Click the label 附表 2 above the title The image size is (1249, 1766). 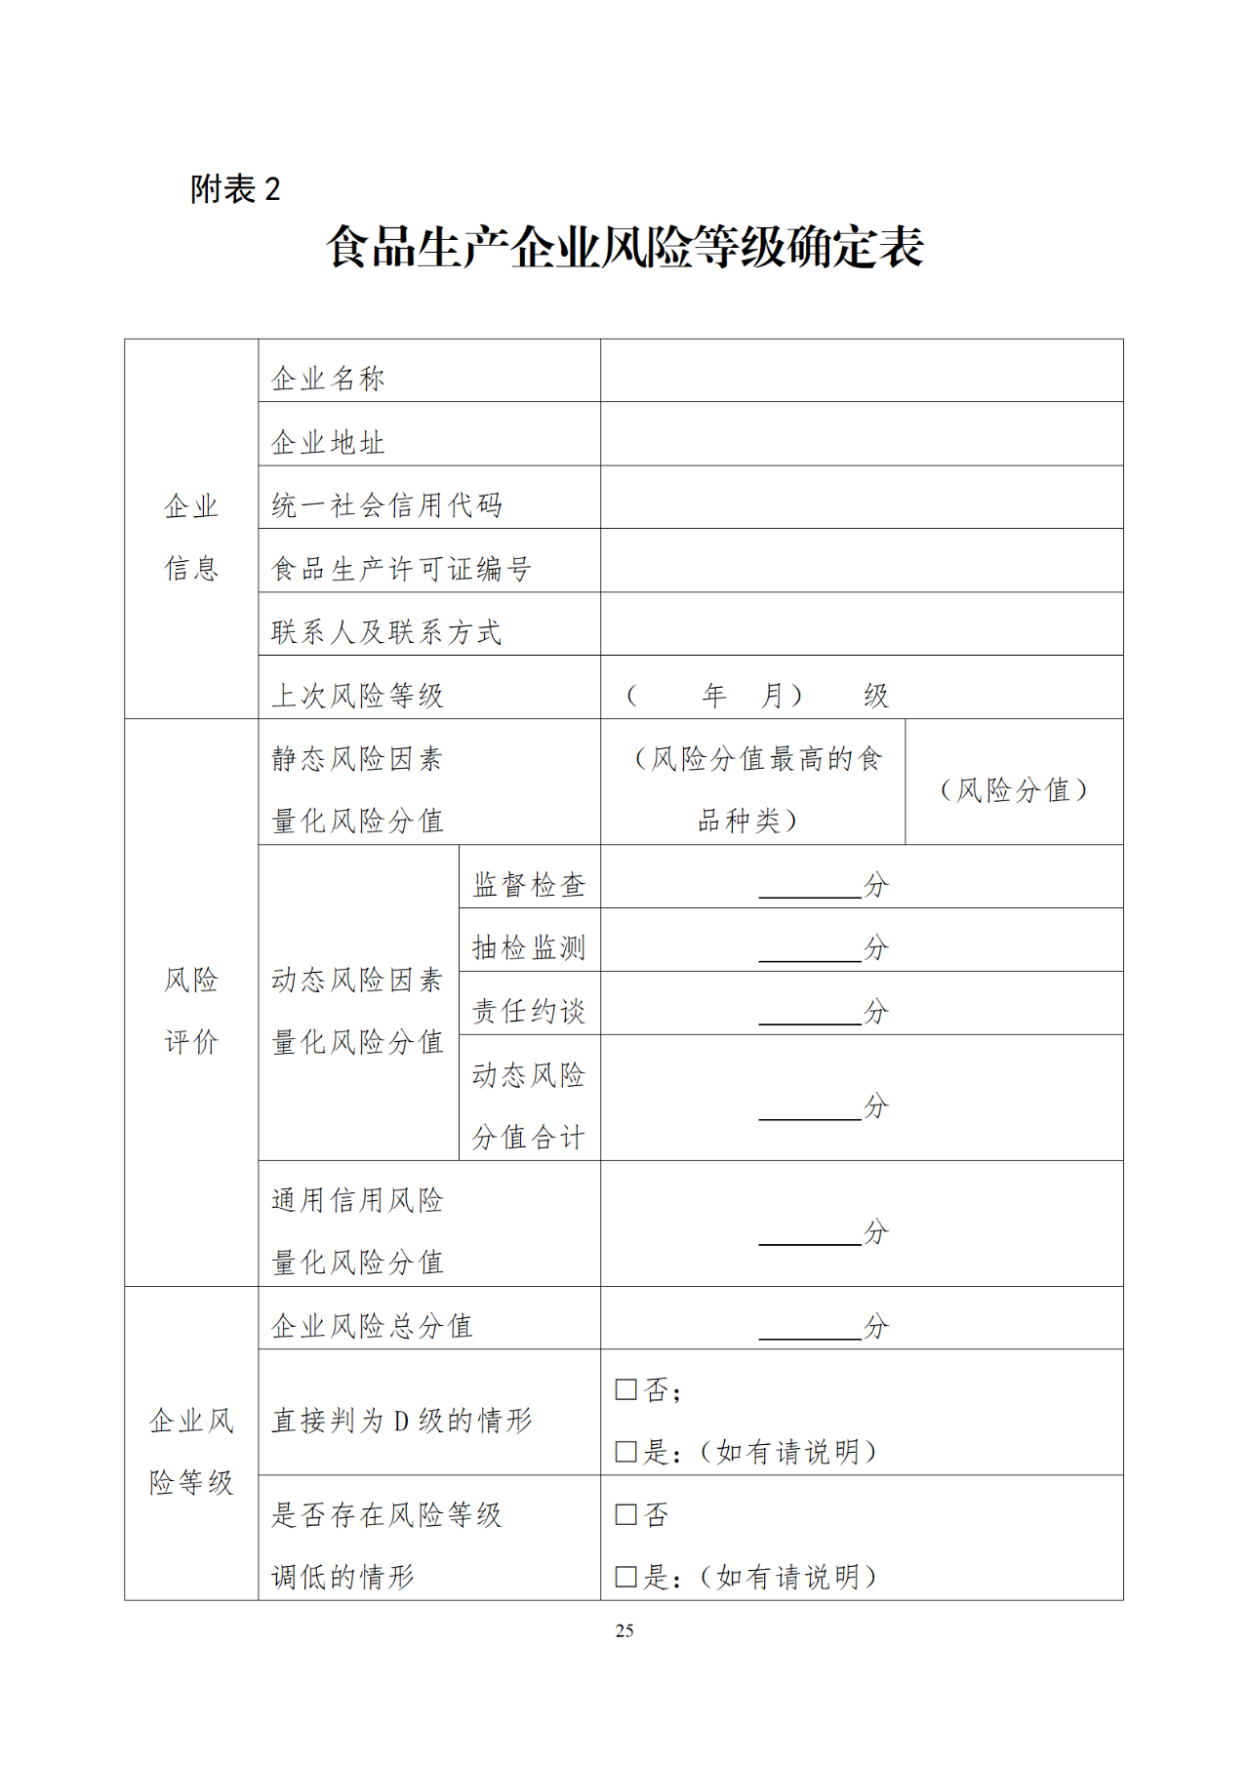tap(235, 188)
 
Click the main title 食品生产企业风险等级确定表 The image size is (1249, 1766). tap(624, 247)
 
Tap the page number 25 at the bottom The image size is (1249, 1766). tap(624, 1630)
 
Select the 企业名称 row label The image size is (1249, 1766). tap(328, 379)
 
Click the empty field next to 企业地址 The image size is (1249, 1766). tap(861, 434)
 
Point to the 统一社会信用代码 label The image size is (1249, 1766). tap(386, 505)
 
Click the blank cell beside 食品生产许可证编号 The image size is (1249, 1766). tap(861, 561)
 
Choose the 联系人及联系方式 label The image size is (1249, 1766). tap(386, 632)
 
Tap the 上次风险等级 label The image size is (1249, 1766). tap(357, 696)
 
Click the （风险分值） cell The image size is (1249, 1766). tap(1014, 789)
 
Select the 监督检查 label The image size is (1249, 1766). tap(529, 885)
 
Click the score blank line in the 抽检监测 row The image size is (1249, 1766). tap(810, 952)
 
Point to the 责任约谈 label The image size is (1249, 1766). tap(529, 1012)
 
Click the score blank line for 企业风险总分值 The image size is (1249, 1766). tap(810, 1331)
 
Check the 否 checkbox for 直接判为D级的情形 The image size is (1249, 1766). tap(626, 1389)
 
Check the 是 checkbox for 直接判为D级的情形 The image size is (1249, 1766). tap(626, 1452)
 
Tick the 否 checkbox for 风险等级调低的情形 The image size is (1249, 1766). tap(626, 1514)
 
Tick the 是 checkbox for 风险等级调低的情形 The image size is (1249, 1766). tap(626, 1577)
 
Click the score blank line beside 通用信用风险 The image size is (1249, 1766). tap(810, 1237)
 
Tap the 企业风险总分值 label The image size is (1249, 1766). tap(372, 1326)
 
